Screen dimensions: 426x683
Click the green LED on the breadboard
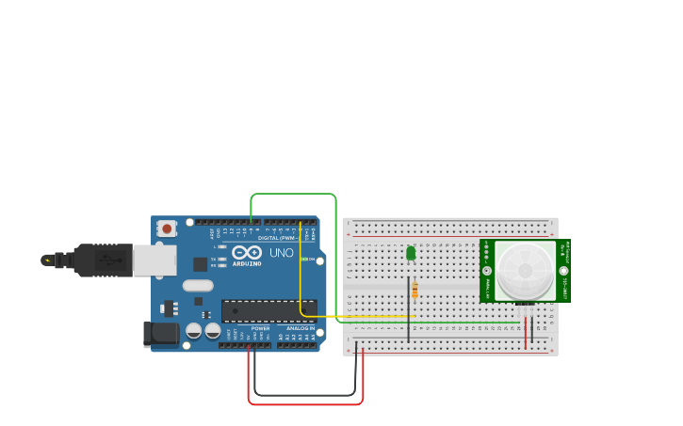point(411,252)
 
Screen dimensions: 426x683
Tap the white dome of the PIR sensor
point(526,270)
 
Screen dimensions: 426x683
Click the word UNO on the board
point(282,254)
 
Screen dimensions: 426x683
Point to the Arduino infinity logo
point(247,253)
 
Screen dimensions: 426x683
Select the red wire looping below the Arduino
point(305,404)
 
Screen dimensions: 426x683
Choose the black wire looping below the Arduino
point(305,395)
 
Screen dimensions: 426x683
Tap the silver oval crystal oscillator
point(198,285)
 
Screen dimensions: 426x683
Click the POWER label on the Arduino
point(260,328)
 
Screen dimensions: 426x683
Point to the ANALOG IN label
point(301,328)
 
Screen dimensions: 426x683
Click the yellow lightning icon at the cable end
point(45,260)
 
